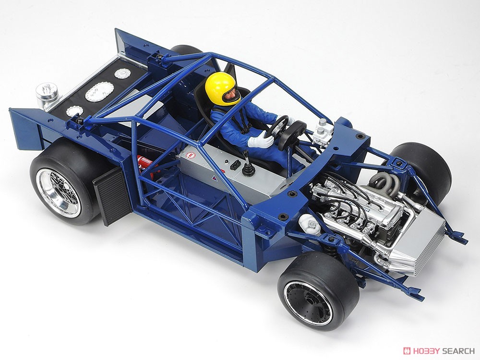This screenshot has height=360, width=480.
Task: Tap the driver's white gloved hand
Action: pyautogui.click(x=262, y=141)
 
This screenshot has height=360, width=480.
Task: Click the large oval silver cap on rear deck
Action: pyautogui.click(x=99, y=91)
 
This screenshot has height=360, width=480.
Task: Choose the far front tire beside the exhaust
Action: pyautogui.click(x=422, y=168)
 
